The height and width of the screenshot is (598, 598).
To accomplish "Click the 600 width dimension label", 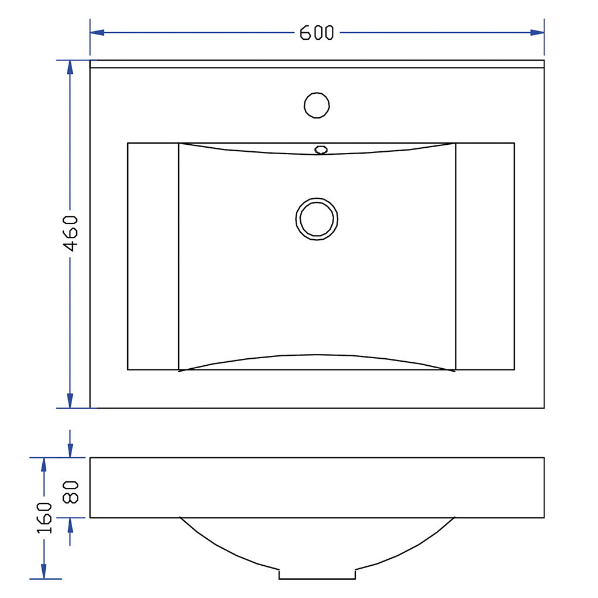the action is pyautogui.click(x=317, y=33).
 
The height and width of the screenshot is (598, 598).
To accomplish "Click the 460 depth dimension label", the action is pyautogui.click(x=70, y=233).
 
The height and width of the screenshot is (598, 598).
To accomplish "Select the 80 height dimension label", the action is pyautogui.click(x=70, y=492).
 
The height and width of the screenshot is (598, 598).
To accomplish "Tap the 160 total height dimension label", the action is pyautogui.click(x=44, y=518).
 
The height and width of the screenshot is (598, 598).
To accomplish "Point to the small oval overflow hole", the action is pyautogui.click(x=321, y=150).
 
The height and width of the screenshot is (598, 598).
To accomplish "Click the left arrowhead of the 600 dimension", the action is pyautogui.click(x=97, y=33).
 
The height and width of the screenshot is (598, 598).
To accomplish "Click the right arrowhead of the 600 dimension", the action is pyautogui.click(x=537, y=33).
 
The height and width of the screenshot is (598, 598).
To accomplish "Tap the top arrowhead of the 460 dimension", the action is pyautogui.click(x=70, y=67).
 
